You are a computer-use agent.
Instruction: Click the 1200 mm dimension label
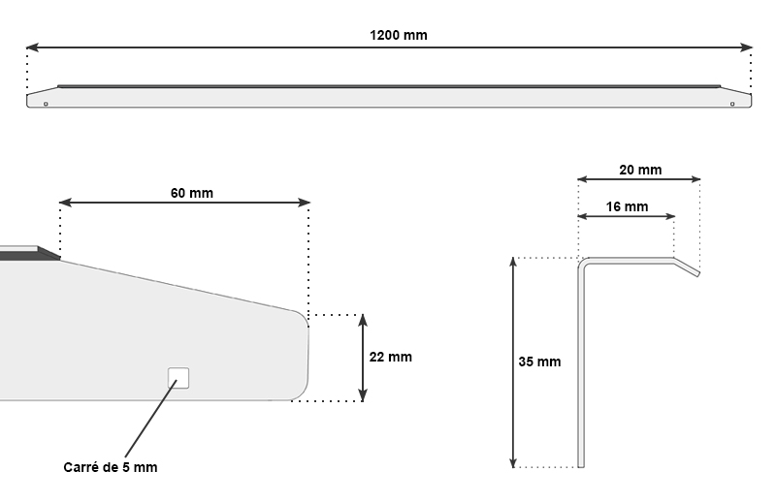[x=398, y=35]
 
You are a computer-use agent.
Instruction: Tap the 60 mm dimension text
[x=192, y=193]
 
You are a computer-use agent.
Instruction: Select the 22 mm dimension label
[x=391, y=357]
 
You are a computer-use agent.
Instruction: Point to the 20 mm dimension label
[x=639, y=170]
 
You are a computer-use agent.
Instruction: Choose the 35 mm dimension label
[x=539, y=362]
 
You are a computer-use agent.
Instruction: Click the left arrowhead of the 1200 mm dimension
[x=31, y=47]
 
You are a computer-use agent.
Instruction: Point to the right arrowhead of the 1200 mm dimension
[x=748, y=47]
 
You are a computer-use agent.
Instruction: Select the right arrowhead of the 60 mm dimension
[x=305, y=204]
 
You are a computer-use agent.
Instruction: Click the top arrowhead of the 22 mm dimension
[x=363, y=320]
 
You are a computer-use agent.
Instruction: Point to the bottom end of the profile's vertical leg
[x=583, y=465]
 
